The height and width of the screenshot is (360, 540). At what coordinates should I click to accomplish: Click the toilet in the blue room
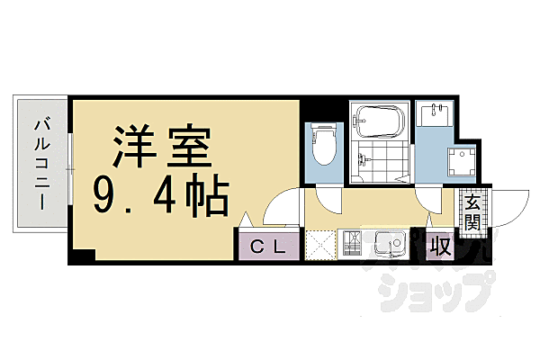point(322,145)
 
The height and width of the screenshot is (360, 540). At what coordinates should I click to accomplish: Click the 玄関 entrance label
point(472,212)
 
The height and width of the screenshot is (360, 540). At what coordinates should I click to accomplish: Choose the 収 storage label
point(440,244)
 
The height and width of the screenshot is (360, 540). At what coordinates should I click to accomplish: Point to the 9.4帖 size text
point(162,193)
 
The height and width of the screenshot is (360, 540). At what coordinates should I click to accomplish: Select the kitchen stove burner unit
point(352,244)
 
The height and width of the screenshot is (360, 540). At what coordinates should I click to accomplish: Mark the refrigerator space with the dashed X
point(320,245)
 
